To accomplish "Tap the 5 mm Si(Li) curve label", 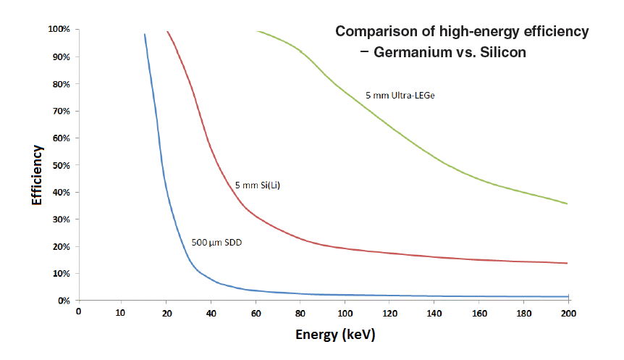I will point(258,186).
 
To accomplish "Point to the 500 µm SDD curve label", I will point(216,243).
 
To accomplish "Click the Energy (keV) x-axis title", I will point(335,335).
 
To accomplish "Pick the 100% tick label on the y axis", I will point(58,30).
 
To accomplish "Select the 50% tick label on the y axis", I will point(60,165).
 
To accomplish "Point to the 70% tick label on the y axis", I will point(60,111).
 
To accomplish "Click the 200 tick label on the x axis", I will point(568,313).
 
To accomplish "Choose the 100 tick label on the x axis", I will point(345,313).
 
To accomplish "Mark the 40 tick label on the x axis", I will point(211,313).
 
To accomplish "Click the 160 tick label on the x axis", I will point(479,313).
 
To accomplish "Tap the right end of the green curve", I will point(567,204).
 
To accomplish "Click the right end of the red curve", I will point(567,263).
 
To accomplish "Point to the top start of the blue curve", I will point(145,35).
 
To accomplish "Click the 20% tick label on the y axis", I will point(60,246).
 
